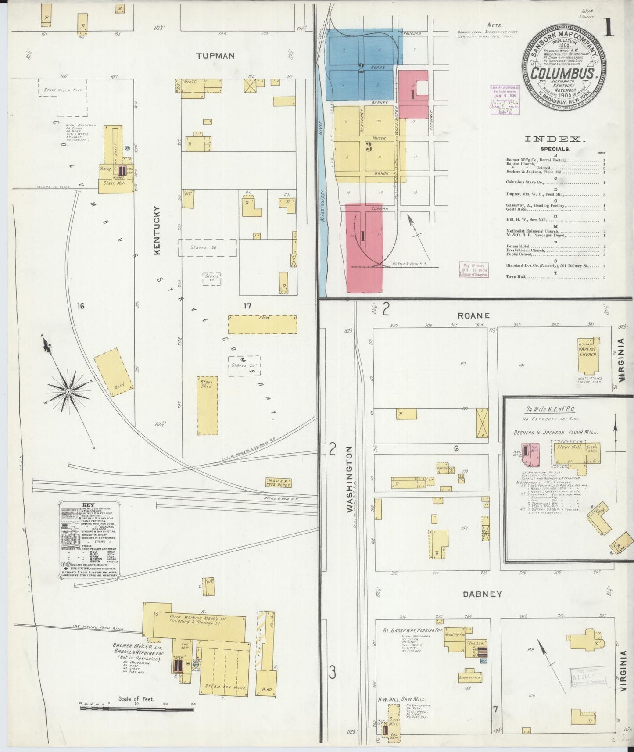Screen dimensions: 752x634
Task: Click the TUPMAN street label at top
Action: (x=215, y=56)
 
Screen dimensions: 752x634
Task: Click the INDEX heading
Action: (x=555, y=139)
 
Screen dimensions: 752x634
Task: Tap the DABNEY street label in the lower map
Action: (x=482, y=594)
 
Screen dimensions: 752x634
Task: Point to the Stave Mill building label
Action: (x=115, y=183)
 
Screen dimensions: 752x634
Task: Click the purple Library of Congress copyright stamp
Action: (x=505, y=100)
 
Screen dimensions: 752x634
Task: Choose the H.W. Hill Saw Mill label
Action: (x=403, y=699)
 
